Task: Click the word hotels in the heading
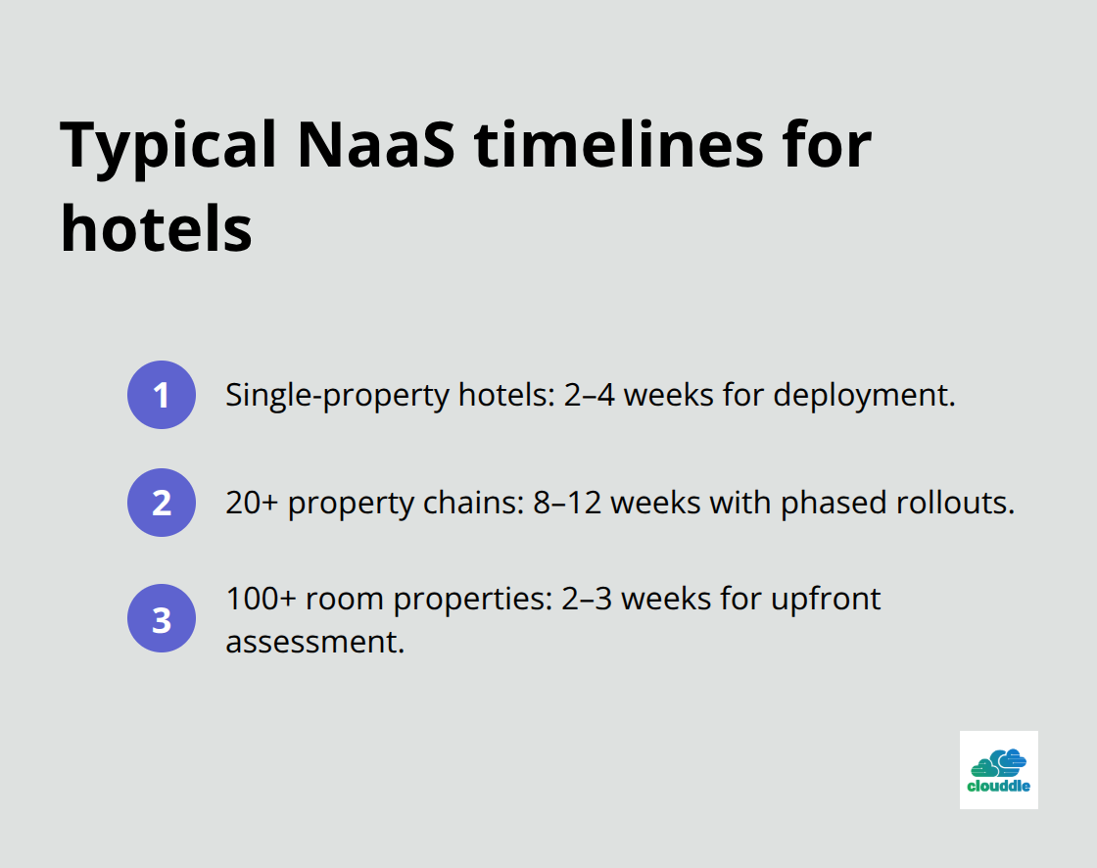157,228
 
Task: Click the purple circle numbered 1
162,395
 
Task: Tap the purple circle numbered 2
162,503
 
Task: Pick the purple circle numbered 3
162,618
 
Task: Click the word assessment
313,642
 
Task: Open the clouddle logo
998,769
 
